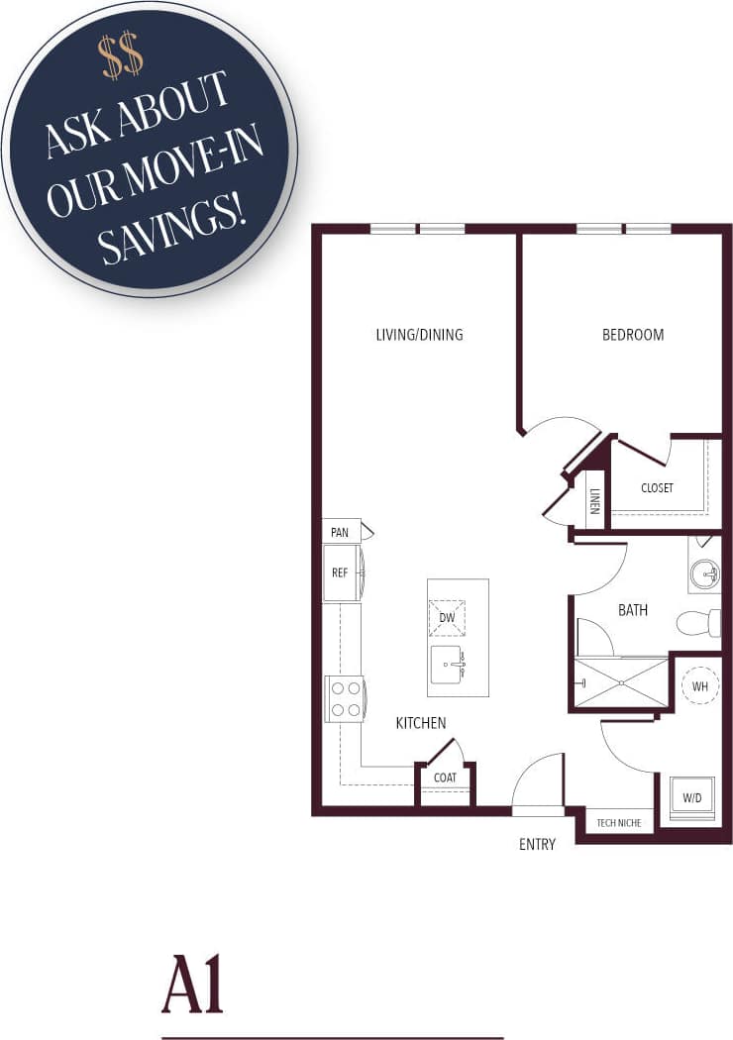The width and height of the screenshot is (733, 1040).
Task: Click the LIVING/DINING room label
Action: click(x=419, y=335)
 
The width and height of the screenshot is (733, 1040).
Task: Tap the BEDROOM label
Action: click(x=633, y=335)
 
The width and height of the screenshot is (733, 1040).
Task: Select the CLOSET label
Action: click(x=657, y=488)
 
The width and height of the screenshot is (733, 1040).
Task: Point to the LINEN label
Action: click(x=595, y=500)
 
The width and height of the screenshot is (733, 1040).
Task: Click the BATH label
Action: click(x=633, y=610)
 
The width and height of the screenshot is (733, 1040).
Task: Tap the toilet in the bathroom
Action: click(x=697, y=623)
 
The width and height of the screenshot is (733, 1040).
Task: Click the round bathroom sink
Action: click(x=704, y=572)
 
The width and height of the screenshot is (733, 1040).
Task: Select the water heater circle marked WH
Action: click(x=699, y=685)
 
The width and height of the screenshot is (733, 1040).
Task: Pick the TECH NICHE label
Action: click(x=619, y=823)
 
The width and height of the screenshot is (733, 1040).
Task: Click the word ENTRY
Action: click(x=537, y=845)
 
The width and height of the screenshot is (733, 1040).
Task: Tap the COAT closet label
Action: click(x=445, y=778)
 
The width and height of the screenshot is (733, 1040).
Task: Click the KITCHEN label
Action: click(x=421, y=724)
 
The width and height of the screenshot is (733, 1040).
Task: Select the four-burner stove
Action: click(x=346, y=698)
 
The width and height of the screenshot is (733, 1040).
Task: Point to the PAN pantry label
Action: click(x=340, y=533)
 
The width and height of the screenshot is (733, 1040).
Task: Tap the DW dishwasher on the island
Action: click(x=447, y=617)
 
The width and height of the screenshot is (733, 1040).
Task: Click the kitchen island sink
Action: click(x=448, y=663)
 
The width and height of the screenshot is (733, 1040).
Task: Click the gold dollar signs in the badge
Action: click(x=122, y=56)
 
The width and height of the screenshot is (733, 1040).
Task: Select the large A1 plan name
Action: click(x=193, y=985)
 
